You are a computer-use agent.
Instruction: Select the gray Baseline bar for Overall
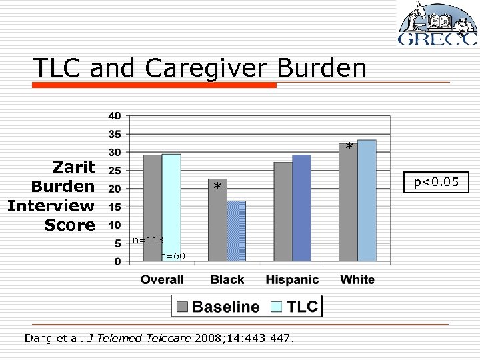pyautogui.click(x=152, y=207)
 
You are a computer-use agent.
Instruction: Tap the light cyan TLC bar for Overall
pyautogui.click(x=171, y=207)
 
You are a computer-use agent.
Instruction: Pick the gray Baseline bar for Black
pyautogui.click(x=217, y=220)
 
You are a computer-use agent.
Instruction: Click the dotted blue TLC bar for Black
pyautogui.click(x=237, y=231)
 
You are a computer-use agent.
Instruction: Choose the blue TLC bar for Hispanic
pyautogui.click(x=301, y=207)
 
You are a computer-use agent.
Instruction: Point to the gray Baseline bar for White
pyautogui.click(x=348, y=202)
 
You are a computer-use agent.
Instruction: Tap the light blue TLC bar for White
pyautogui.click(x=367, y=201)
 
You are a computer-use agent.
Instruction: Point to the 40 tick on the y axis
pyautogui.click(x=115, y=116)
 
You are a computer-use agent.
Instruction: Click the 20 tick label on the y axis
pyautogui.click(x=115, y=189)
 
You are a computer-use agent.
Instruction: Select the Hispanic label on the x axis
pyautogui.click(x=292, y=279)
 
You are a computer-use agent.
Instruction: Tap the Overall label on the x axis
pyautogui.click(x=162, y=279)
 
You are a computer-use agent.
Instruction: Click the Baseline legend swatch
pyautogui.click(x=183, y=307)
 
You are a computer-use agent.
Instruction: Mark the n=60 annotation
pyautogui.click(x=173, y=255)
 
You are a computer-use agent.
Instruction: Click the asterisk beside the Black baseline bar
pyautogui.click(x=217, y=188)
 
